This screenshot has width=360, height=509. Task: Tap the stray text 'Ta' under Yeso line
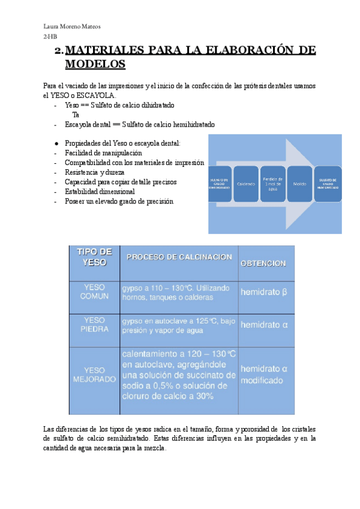pyautogui.click(x=76, y=114)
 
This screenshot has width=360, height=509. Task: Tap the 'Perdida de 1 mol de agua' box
pyautogui.click(x=273, y=183)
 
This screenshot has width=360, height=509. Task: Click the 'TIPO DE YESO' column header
pyautogui.click(x=94, y=257)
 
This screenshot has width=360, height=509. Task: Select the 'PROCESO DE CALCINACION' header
pyautogui.click(x=179, y=257)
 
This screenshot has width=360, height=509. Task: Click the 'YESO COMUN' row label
pyautogui.click(x=94, y=292)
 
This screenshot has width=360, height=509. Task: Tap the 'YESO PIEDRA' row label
pyautogui.click(x=94, y=325)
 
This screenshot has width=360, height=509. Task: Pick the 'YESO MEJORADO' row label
pyautogui.click(x=94, y=375)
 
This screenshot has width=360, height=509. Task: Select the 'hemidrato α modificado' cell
pyautogui.click(x=265, y=375)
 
